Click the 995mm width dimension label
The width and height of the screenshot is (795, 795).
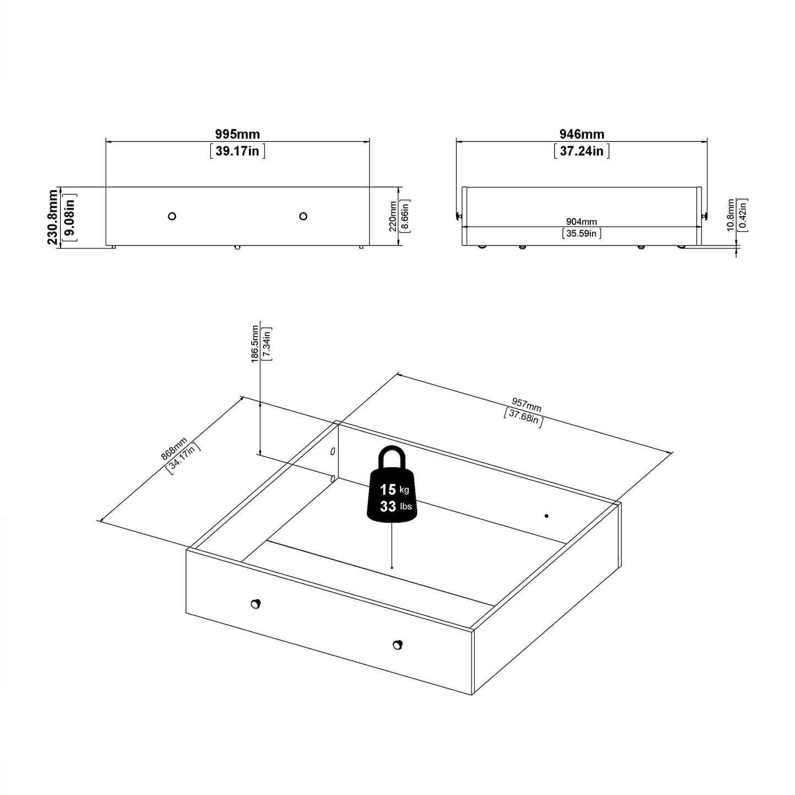(237, 134)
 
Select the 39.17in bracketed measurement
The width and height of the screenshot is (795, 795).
(237, 151)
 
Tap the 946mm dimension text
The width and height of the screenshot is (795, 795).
(582, 134)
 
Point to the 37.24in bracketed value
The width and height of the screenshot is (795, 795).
(582, 151)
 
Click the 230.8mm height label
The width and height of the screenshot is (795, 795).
(53, 217)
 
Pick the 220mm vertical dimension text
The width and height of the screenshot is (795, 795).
(393, 217)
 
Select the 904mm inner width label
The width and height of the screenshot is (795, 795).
(582, 222)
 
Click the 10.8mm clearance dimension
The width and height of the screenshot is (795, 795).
(731, 215)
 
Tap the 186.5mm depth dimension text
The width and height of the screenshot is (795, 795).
(255, 344)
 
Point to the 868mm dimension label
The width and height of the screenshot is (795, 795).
(174, 448)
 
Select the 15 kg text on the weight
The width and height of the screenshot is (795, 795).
(393, 489)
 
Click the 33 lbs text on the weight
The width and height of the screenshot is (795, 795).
(394, 506)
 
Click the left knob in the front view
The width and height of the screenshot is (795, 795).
(172, 216)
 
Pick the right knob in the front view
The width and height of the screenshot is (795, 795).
(303, 216)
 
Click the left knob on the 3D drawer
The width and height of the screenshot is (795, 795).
(255, 604)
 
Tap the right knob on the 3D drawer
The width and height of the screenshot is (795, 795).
(397, 645)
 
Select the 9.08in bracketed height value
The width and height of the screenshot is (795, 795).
(70, 217)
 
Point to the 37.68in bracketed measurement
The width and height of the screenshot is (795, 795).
(524, 418)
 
